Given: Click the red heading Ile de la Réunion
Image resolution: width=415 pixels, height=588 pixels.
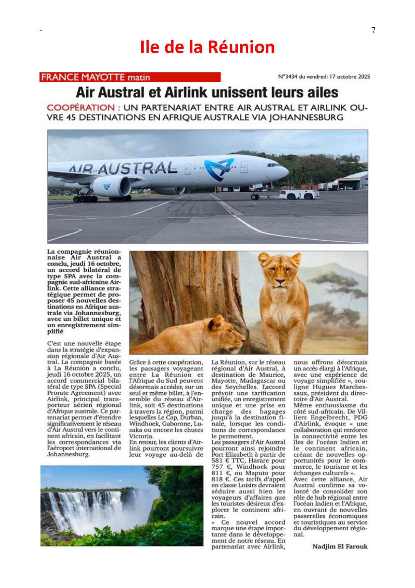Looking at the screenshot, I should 207,47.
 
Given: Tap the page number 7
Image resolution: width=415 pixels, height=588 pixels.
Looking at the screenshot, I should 373,30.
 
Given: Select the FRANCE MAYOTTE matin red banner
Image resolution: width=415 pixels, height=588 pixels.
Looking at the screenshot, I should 130,77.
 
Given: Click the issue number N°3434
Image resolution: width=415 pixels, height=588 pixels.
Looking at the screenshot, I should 287,77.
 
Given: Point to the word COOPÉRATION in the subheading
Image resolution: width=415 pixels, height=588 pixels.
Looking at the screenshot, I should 81,108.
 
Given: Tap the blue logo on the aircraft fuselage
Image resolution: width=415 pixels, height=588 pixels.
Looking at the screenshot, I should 219,169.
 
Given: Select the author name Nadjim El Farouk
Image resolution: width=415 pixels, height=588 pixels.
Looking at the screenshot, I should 340,546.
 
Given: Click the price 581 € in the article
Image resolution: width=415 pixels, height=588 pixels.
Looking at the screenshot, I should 220,461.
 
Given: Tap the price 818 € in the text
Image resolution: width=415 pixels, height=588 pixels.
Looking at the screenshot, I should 220,479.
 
